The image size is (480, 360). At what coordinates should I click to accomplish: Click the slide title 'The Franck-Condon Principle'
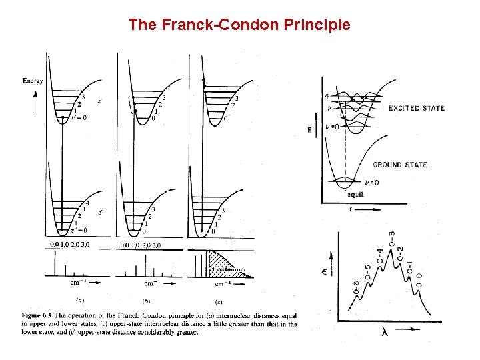pos(239,25)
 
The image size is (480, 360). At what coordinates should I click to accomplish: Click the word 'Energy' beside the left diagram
pos(33,81)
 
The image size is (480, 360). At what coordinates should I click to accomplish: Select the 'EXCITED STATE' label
pos(417,108)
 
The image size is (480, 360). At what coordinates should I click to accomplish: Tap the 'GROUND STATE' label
pos(400,165)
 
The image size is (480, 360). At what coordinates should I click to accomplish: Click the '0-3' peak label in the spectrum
pos(391,238)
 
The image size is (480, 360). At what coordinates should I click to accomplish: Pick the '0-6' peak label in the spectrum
pos(356,289)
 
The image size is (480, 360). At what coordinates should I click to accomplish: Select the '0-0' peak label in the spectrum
pos(419,289)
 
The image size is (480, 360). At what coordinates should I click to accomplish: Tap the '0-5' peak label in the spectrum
pos(368,273)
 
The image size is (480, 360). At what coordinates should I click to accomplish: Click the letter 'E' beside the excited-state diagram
pos(328,131)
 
